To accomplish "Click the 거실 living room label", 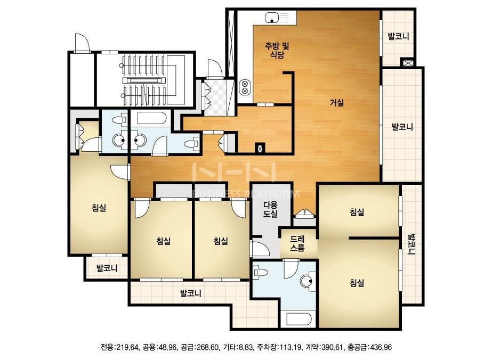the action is pos(337,103).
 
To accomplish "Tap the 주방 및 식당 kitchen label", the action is pos(277,51).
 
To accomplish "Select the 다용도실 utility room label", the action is pos(270,210).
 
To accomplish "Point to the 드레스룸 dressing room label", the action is pos(297,244).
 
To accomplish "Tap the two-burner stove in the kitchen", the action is pos(245,88).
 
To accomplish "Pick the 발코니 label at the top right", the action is pos(399,36).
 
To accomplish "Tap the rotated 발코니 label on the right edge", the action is pos(411,244).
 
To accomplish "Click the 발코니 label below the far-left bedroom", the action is pos(107,268).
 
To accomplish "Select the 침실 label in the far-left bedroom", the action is pos(99,208).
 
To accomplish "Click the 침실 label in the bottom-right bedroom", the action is pos(357,283).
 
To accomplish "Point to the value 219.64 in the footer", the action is pos(127,347).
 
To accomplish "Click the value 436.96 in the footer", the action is pos(381,347).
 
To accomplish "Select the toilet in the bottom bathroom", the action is pos(261,272).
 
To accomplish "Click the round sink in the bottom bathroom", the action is pos(308,281).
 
